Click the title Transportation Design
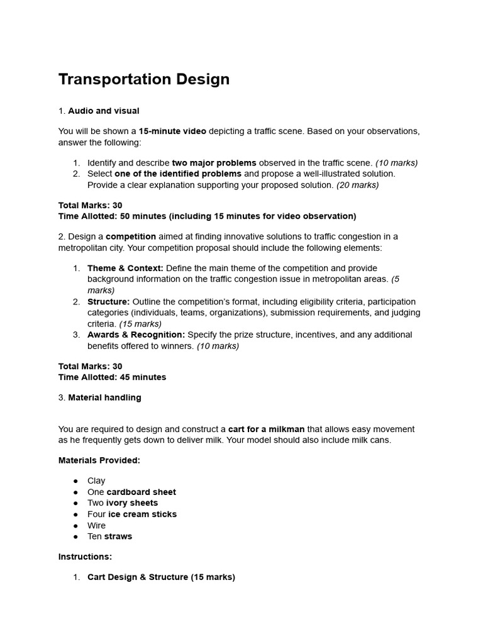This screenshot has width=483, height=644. [x=144, y=79]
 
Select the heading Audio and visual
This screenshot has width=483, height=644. [x=103, y=111]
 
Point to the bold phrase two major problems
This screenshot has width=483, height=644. [x=214, y=163]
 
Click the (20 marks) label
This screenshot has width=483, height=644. [x=357, y=185]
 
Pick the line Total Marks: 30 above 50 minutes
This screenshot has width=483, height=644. [x=90, y=205]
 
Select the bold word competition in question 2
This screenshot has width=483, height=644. [x=131, y=236]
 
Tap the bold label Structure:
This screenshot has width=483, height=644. [x=108, y=301]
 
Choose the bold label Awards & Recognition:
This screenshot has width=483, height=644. [x=136, y=335]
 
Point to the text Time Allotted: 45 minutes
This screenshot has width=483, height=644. [x=112, y=377]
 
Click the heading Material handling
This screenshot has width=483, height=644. [x=104, y=397]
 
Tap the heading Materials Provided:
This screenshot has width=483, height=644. [x=99, y=460]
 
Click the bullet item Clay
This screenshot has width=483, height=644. [x=96, y=480]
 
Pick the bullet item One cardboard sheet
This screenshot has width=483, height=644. [x=131, y=492]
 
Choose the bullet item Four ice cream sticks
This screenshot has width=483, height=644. [x=132, y=514]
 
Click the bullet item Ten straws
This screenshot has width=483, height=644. [x=109, y=536]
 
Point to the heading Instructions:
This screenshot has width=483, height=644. [x=85, y=557]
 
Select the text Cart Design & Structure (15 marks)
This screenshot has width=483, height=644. [x=161, y=577]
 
